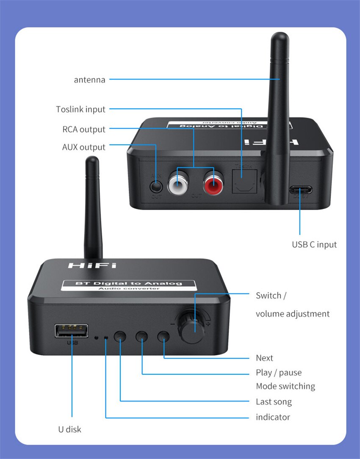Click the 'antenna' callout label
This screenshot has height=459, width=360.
click(89, 80)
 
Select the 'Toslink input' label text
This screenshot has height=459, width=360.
click(80, 109)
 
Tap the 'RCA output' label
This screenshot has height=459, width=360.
click(84, 130)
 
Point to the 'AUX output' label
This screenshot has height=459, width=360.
click(83, 147)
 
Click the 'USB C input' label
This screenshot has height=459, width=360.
click(314, 245)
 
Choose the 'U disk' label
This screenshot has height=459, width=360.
click(69, 429)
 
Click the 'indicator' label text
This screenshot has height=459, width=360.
click(273, 417)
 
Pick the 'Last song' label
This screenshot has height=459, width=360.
click(274, 402)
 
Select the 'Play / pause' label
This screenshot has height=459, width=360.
click(279, 373)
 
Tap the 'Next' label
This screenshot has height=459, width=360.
click(264, 358)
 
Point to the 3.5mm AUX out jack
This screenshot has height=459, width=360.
click(156, 185)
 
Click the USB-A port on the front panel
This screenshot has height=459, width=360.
click(71, 331)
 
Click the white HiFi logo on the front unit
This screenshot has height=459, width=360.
click(92, 265)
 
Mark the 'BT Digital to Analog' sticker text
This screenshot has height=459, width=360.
click(128, 283)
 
